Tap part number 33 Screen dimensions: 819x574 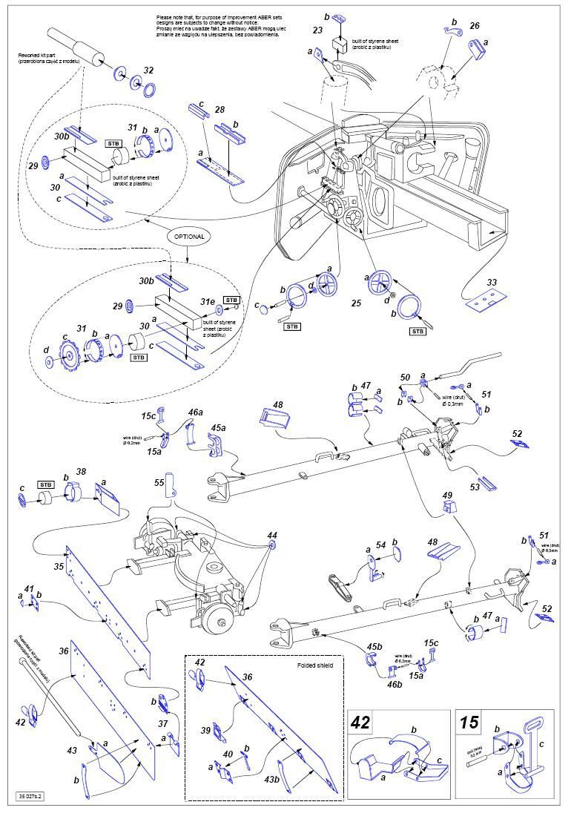pos(491,282)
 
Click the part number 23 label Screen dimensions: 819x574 pos(317,30)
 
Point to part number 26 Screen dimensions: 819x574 pos(475,26)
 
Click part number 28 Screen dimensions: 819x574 pos(220,110)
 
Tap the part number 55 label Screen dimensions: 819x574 pos(159,482)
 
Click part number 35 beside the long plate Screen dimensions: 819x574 pos(59,567)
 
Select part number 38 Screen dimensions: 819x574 pos(81,471)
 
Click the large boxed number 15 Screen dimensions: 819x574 pos(469,723)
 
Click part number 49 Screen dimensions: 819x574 pos(446,495)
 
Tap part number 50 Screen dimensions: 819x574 pos(405,378)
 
